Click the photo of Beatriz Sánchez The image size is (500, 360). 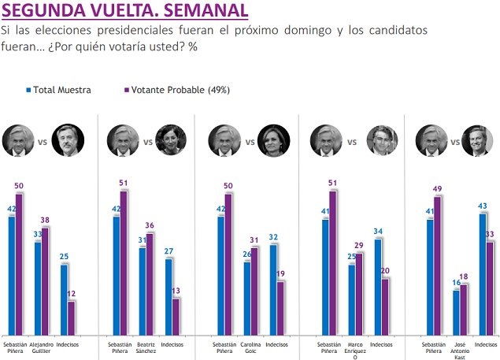point(170,139)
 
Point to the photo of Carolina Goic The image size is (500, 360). point(272,139)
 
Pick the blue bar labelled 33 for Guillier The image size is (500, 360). point(37,288)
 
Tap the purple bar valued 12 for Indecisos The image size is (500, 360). point(72,317)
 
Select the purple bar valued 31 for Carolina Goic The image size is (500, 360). point(254,291)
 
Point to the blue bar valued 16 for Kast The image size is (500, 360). point(455,313)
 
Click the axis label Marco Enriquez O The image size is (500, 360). point(356,350)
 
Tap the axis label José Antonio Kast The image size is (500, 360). point(459,350)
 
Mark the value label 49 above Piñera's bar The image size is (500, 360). point(439,190)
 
